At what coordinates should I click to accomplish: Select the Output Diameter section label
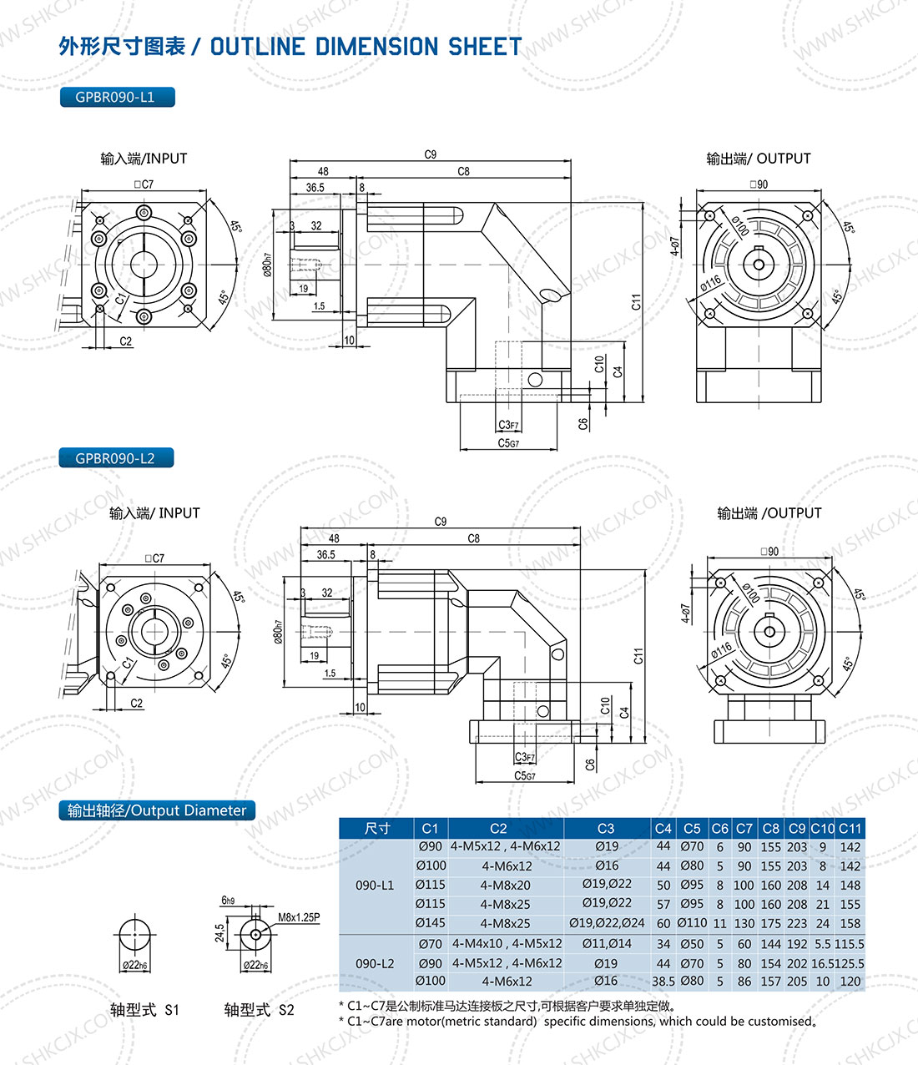click(x=157, y=810)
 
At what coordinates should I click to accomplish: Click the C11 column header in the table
click(x=850, y=829)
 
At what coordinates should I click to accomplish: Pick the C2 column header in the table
click(x=498, y=829)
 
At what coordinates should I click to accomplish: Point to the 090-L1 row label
click(x=375, y=885)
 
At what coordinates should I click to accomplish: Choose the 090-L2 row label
click(x=375, y=963)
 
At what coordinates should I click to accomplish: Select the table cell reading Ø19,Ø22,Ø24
click(x=607, y=923)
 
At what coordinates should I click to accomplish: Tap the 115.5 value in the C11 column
click(x=850, y=944)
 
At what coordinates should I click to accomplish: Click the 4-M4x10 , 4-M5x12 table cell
click(x=507, y=944)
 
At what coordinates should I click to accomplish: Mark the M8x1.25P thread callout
click(x=299, y=917)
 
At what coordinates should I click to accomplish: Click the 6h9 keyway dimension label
click(x=228, y=901)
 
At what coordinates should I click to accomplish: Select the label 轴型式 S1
click(x=144, y=1010)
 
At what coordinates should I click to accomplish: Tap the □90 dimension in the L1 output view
click(x=759, y=184)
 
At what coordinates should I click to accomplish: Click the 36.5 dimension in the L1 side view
click(x=315, y=188)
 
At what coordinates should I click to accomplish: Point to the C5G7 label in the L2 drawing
click(x=524, y=776)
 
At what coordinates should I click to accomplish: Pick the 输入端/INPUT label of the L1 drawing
click(x=144, y=159)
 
